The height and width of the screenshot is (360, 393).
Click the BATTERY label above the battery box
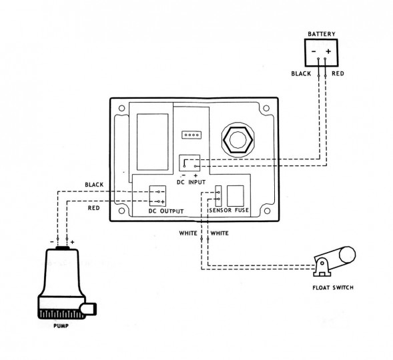coord(322,34)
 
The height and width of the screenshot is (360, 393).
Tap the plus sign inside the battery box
coord(328,51)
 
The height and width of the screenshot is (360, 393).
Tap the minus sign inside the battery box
coord(314,51)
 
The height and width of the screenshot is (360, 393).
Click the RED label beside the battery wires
coord(338,73)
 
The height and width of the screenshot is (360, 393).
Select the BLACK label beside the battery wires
coord(301,73)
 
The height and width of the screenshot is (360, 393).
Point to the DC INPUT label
coord(191,182)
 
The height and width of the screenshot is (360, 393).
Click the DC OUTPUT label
coord(166,211)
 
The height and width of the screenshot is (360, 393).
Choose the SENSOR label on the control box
coord(220,210)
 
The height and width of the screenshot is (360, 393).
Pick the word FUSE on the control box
coord(242,210)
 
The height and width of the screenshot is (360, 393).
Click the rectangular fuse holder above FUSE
coord(236,196)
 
